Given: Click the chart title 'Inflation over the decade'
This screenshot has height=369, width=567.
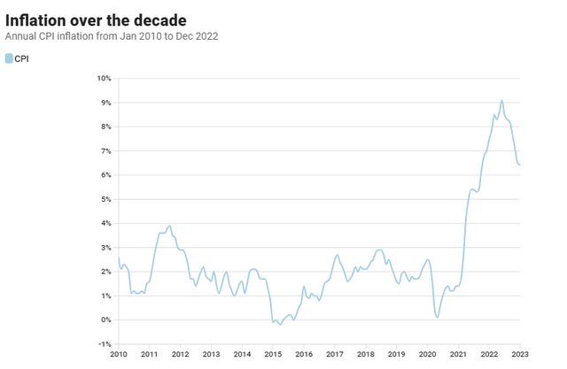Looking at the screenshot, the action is pos(96,20).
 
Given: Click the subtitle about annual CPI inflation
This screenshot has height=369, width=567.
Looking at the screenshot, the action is pos(112,36).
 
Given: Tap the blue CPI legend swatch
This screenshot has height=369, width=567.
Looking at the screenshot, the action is pos(9,58).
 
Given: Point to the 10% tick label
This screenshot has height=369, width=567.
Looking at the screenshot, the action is pos(104,79).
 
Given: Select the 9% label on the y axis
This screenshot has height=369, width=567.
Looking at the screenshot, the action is pos(106,103).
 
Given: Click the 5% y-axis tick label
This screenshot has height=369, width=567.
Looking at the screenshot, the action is pos(106,199).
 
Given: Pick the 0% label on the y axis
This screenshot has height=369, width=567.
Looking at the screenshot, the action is pos(106,320).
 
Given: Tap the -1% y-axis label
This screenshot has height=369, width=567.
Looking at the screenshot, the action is pos(105,344).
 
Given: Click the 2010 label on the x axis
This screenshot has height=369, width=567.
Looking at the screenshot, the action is pos(119,354).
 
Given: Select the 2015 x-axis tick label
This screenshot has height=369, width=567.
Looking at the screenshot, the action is pos(273,354).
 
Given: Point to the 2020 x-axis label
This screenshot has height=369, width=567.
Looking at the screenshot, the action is pos(427,354).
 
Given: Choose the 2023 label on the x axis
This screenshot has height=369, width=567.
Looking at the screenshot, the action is pos(520,354).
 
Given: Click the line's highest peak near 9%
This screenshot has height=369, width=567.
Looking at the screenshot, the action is pos(502,100).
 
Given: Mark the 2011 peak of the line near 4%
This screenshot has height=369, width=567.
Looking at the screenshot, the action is pos(169,226).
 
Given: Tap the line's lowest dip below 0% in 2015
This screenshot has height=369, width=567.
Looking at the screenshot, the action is pos(281,325).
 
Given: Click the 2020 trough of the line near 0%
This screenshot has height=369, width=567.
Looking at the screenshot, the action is pos(438,318).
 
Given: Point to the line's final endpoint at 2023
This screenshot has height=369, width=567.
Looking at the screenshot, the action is pos(520,165).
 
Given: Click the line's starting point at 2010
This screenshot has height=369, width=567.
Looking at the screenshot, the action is pos(119,258).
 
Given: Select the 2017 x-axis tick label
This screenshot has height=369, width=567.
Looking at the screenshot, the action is pos(335,354).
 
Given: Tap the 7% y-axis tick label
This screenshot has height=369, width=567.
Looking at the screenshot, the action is pos(106,151).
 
